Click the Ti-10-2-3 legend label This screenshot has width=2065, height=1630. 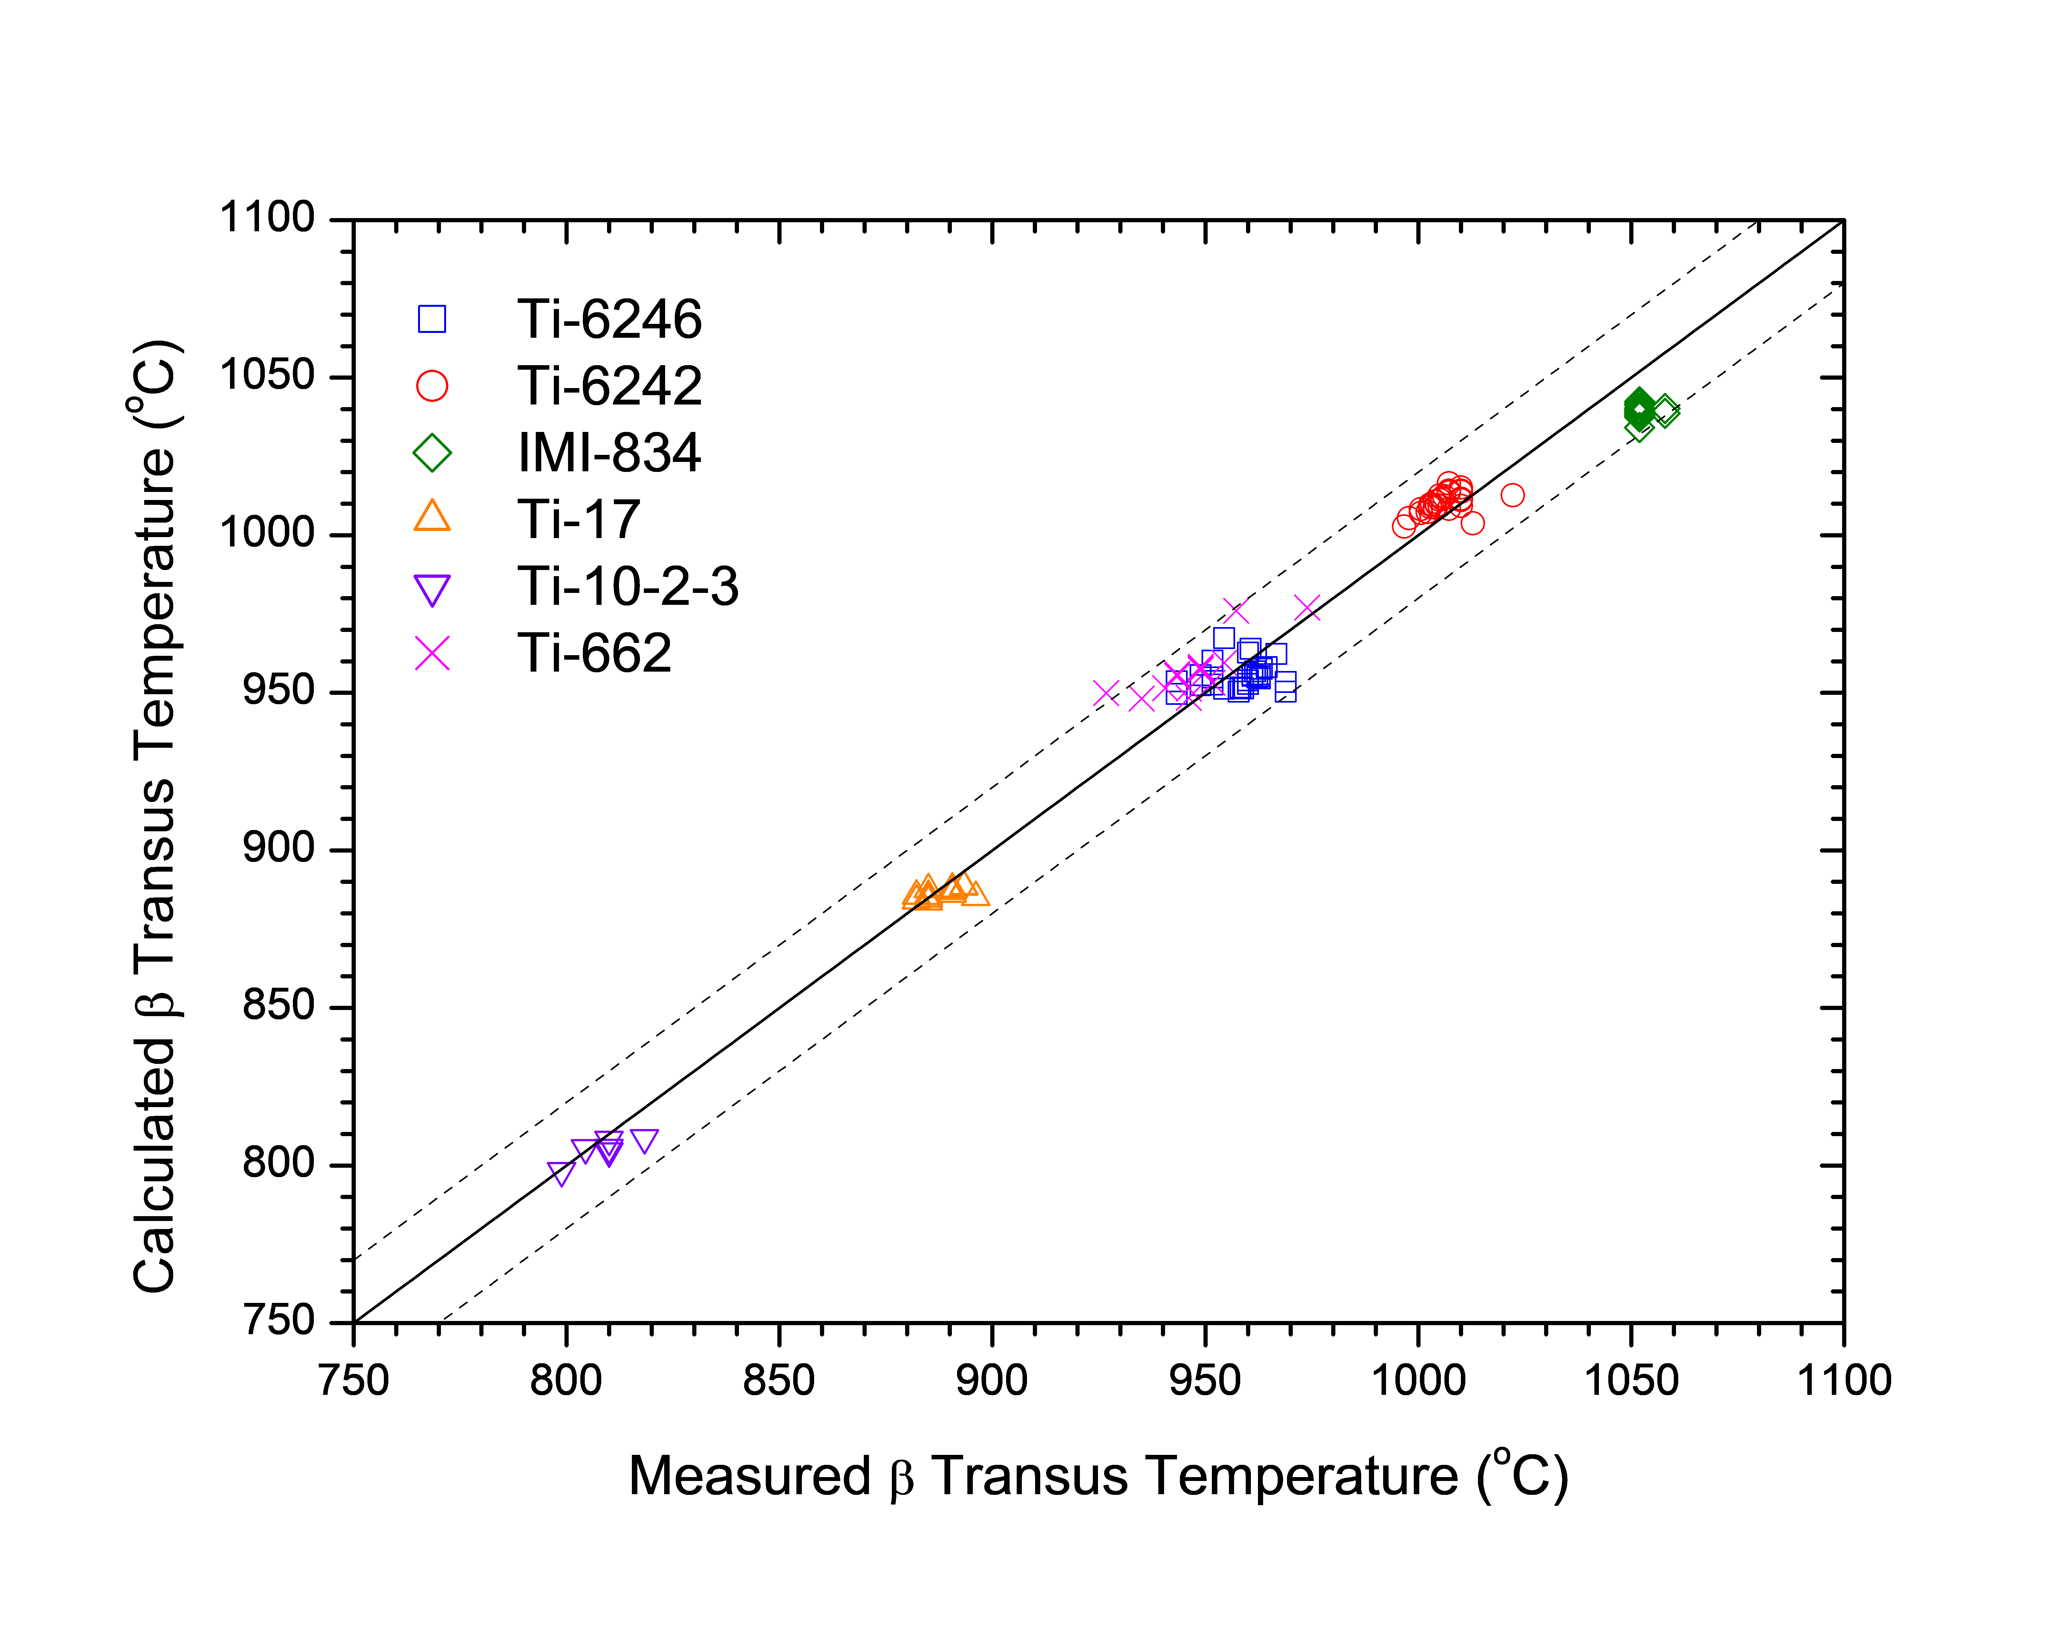[628, 586]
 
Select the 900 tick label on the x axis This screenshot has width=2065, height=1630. [992, 1381]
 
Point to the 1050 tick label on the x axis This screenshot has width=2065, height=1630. [1631, 1381]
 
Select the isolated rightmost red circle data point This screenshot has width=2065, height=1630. [1512, 494]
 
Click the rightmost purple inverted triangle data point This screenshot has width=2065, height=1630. [644, 1140]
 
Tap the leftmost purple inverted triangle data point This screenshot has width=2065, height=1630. [561, 1173]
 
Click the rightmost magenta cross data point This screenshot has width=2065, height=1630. [1307, 608]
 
